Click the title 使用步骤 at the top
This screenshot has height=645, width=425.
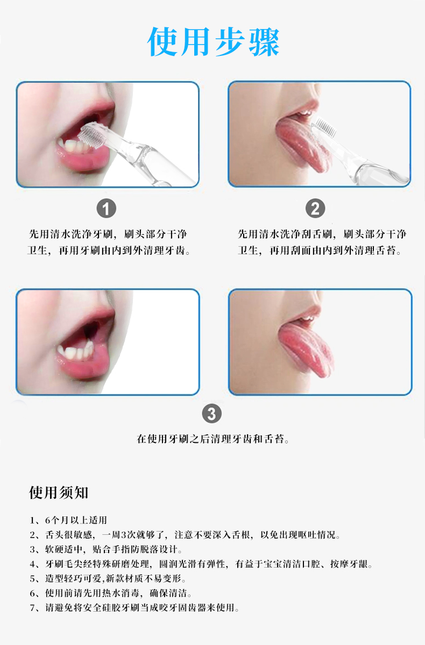tap(214, 41)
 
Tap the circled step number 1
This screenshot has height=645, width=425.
tap(106, 208)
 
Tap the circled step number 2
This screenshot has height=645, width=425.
tap(315, 208)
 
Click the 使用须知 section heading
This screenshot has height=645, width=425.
tap(59, 492)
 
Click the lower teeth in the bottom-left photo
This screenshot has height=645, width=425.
tap(81, 352)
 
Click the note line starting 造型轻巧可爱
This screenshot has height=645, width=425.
tap(108, 579)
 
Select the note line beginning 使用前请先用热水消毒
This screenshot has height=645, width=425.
tap(110, 593)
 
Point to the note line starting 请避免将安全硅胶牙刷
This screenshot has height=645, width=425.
tap(134, 608)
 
